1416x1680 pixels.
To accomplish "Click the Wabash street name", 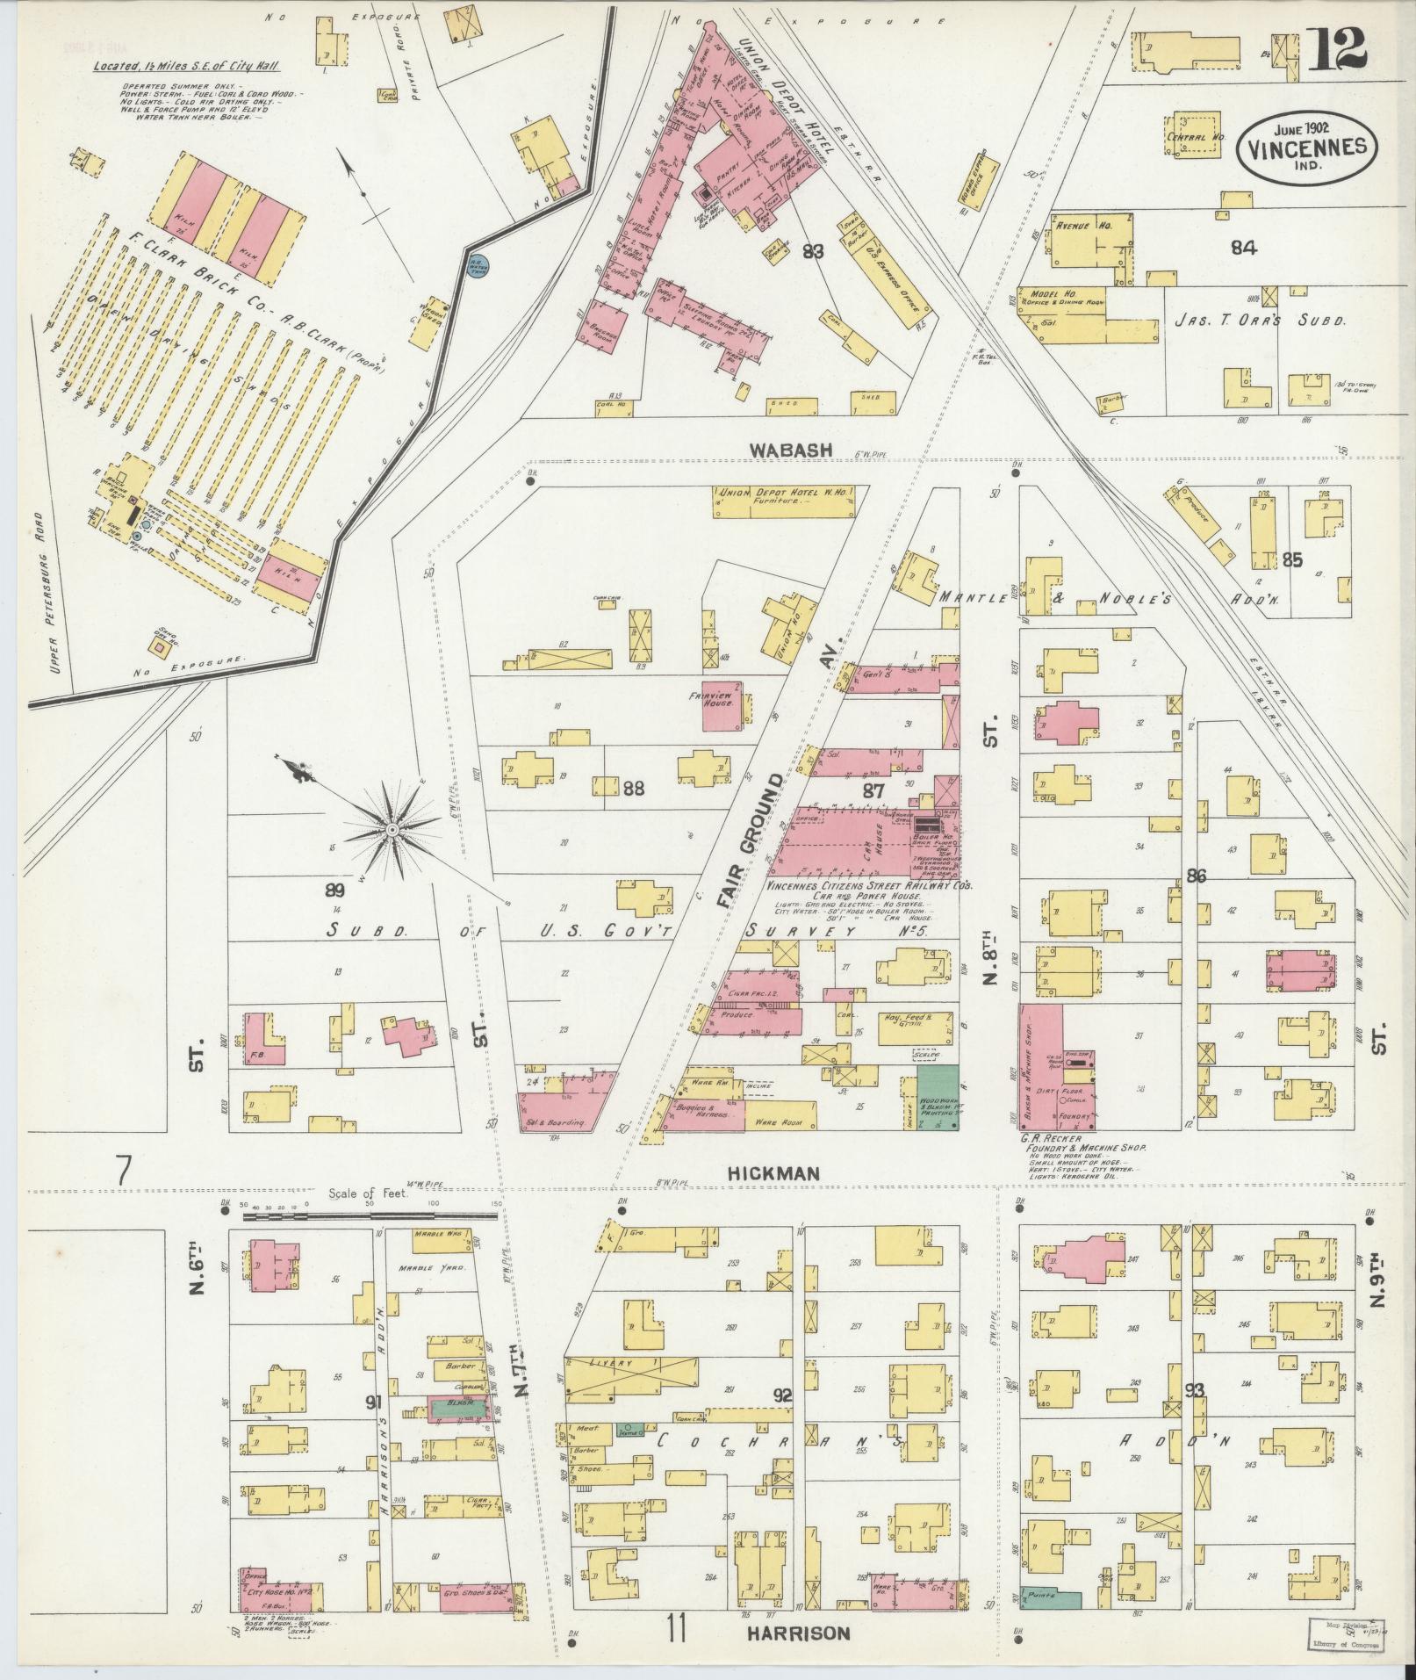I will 790,450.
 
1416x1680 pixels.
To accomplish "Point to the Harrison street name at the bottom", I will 799,1633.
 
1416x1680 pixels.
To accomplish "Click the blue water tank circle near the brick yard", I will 479,264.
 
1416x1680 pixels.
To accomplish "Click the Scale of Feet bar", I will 360,1217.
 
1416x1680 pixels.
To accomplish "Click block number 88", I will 633,789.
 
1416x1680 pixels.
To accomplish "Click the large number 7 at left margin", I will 124,1169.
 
